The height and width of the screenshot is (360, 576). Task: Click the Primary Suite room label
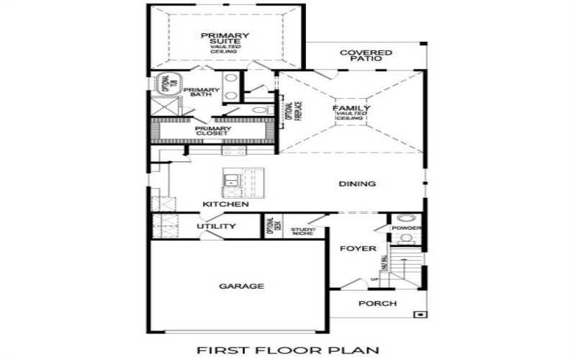click(x=225, y=39)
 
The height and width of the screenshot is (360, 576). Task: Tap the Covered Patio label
click(x=366, y=55)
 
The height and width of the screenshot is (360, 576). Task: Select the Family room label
click(x=351, y=109)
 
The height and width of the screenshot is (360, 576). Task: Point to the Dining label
click(x=357, y=184)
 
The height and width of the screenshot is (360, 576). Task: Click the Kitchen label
click(x=225, y=204)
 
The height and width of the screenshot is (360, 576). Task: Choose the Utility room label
click(x=216, y=226)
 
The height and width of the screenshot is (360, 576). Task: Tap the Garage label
click(x=241, y=286)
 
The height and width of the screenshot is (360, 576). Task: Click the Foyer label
click(x=358, y=248)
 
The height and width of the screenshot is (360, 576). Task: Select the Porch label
click(x=377, y=303)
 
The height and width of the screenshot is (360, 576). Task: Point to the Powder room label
click(x=407, y=228)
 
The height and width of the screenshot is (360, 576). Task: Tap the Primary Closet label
click(x=212, y=130)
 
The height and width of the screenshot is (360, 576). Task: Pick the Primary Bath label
click(x=201, y=93)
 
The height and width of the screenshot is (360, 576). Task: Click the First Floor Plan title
click(x=288, y=351)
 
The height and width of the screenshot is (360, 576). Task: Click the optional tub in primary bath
click(x=161, y=84)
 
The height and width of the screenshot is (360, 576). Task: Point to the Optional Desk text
click(x=272, y=226)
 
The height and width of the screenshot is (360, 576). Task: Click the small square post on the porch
click(x=419, y=315)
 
